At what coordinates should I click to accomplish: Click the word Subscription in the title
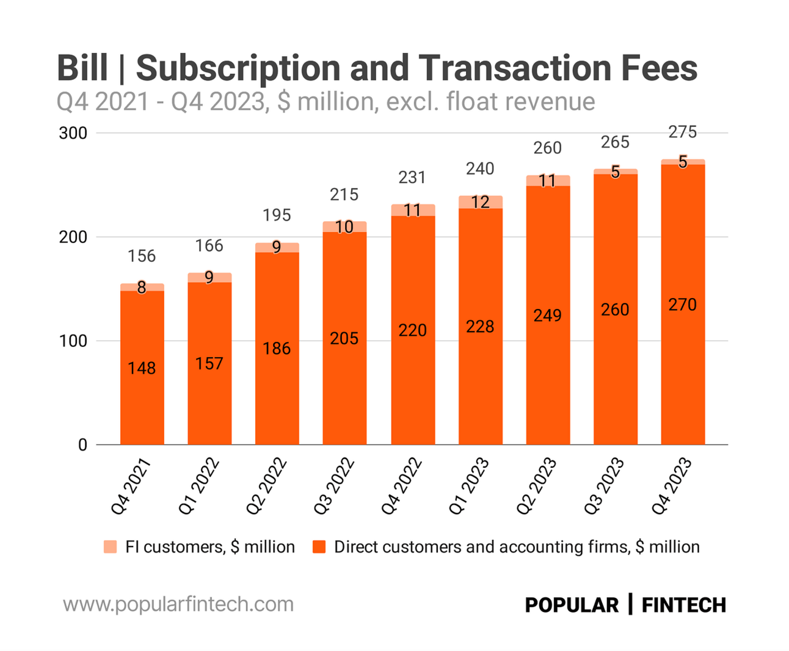tap(238, 68)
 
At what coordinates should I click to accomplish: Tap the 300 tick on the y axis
tap(73, 133)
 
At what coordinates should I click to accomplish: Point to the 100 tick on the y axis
tap(73, 341)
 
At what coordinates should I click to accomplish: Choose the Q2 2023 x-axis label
tap(537, 487)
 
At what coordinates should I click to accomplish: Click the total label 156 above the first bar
tap(142, 256)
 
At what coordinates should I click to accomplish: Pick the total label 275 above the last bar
tap(683, 132)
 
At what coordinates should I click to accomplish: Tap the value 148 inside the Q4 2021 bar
tap(142, 368)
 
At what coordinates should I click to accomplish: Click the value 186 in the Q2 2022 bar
tap(277, 349)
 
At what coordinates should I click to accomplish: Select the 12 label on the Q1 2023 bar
tap(480, 202)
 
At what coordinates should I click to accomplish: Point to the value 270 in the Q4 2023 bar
tap(683, 304)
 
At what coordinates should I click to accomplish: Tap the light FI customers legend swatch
tap(111, 547)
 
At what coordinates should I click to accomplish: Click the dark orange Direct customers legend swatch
tap(319, 547)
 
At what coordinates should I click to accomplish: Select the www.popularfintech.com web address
tap(178, 605)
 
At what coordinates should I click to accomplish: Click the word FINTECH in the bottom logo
tap(684, 605)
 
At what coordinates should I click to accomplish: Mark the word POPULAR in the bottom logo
tap(572, 605)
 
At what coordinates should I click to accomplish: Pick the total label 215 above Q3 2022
tap(344, 195)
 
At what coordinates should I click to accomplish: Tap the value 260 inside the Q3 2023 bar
tap(615, 310)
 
